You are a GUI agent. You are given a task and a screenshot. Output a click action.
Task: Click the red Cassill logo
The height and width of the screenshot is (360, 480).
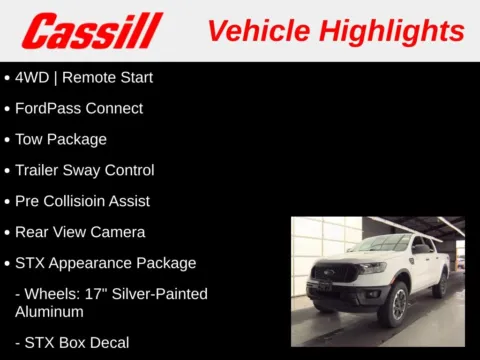pyautogui.click(x=91, y=30)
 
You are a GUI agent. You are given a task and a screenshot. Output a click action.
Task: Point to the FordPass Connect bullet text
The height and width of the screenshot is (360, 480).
pyautogui.click(x=79, y=108)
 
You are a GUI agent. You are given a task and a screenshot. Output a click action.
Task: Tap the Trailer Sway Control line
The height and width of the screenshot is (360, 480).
pyautogui.click(x=85, y=170)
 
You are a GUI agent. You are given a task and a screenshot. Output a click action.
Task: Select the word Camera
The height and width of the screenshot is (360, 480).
pyautogui.click(x=119, y=232)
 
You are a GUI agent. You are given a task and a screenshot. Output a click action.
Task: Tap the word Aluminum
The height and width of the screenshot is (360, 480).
pyautogui.click(x=49, y=312)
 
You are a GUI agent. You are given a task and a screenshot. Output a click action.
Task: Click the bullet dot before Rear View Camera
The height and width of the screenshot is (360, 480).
pyautogui.click(x=8, y=232)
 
